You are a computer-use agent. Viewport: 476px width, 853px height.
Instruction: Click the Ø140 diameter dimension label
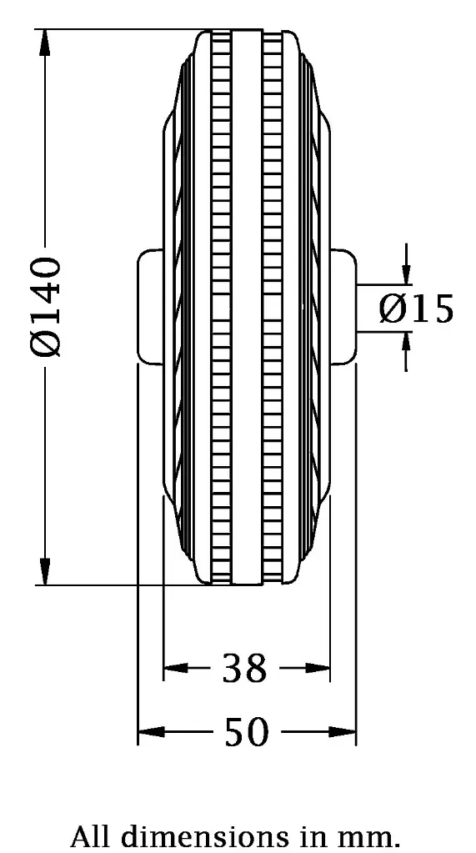click(46, 307)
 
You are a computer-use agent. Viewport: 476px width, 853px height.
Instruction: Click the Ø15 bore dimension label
click(416, 309)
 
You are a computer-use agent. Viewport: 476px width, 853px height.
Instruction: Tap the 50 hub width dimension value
click(247, 733)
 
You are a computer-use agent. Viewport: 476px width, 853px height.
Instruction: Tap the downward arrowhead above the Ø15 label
click(406, 274)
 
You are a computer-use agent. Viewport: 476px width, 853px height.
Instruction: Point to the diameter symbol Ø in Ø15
click(392, 309)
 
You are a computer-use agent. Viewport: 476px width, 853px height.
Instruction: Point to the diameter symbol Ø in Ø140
click(46, 344)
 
